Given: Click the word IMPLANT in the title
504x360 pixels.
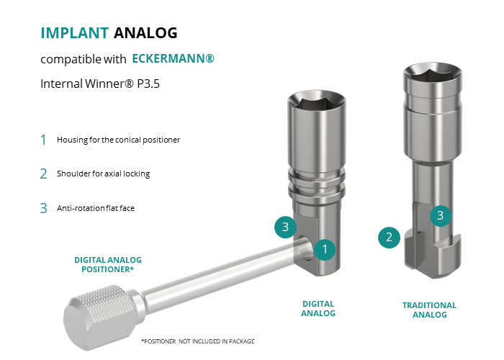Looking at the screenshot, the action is click(75, 33).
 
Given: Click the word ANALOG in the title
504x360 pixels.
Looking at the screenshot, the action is click(145, 33).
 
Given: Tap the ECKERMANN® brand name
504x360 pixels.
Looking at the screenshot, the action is click(173, 58).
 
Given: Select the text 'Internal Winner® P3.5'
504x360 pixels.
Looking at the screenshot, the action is click(100, 84).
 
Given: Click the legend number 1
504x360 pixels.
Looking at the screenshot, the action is click(43, 140).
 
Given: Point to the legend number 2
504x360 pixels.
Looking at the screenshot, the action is click(43, 174).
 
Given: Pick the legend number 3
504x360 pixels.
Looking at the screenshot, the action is click(43, 208).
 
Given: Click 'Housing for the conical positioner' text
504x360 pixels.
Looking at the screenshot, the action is click(118, 140).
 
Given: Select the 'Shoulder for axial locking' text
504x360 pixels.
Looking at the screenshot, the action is click(103, 174).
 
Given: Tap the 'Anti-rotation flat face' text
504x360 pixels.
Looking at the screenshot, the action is click(96, 208).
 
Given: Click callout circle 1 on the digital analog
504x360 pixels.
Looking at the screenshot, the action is click(325, 249).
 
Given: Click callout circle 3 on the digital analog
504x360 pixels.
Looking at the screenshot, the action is click(285, 227).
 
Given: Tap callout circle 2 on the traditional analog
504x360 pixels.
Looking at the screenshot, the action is click(389, 237).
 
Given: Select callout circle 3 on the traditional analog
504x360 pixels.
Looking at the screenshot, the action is click(441, 216).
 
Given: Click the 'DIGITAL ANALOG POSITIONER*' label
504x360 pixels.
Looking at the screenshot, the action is click(108, 264).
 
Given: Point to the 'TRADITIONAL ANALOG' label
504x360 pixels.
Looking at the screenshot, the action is click(429, 310).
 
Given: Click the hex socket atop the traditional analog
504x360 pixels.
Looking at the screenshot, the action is click(433, 75).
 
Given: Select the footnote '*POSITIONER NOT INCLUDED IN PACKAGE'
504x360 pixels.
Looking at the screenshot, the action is click(198, 341).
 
